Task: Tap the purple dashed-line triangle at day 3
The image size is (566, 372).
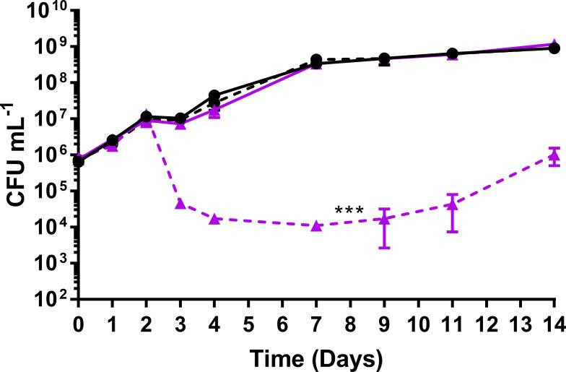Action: pos(180,204)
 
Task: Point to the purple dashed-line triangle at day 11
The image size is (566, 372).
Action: pos(452,204)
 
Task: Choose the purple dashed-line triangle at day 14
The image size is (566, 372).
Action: pos(554,155)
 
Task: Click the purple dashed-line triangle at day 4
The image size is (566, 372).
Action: pos(214,219)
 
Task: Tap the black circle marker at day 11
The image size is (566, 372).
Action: pos(452,53)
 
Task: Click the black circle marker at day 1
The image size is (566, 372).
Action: pos(113,140)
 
